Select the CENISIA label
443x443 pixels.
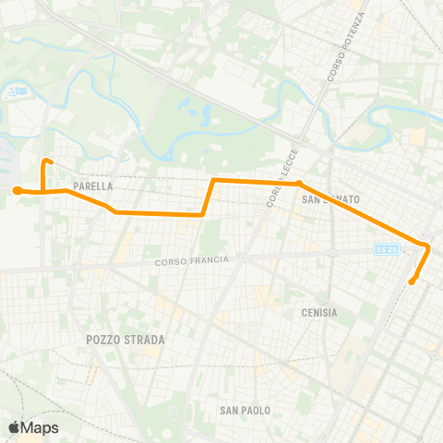tap(319, 313)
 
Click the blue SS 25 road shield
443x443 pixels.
tap(385, 249)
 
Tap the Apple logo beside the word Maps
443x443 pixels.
tap(14, 427)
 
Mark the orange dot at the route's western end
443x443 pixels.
tap(17, 190)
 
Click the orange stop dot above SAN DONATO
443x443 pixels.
tap(299, 184)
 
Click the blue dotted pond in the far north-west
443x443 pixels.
tap(16, 92)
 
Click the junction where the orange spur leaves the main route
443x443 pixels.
tap(43, 191)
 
